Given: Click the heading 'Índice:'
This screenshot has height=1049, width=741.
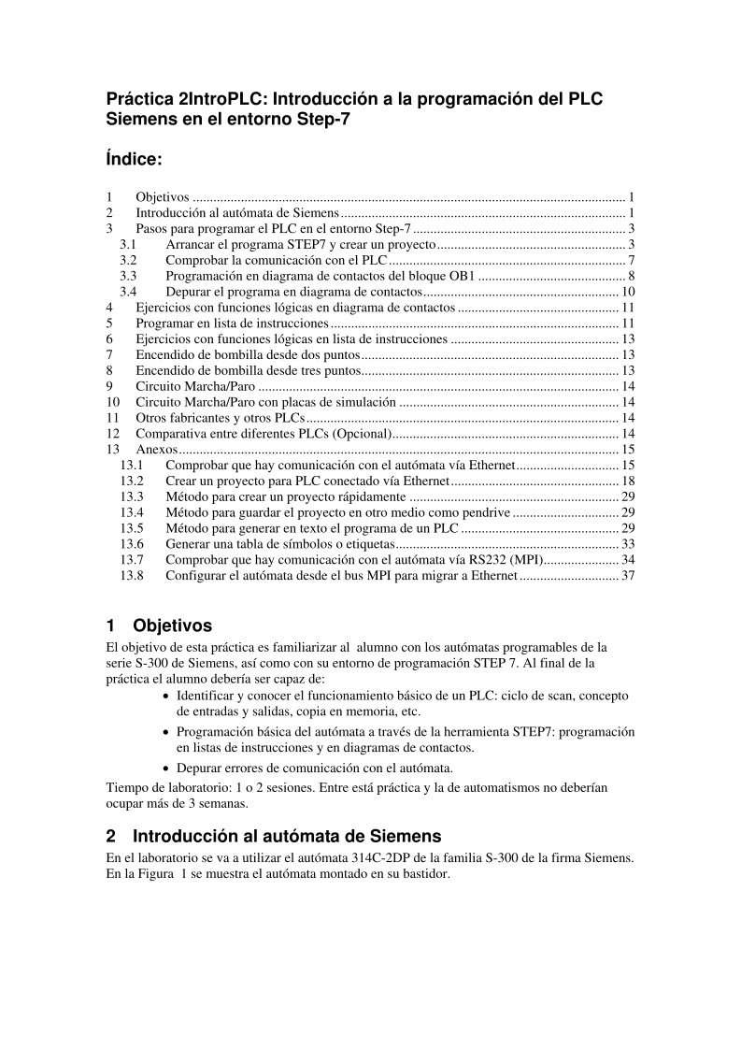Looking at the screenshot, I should pos(135,160).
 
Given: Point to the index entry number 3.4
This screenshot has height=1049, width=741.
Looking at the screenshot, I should pos(129,292).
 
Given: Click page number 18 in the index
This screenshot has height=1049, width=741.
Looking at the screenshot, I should pos(628,481).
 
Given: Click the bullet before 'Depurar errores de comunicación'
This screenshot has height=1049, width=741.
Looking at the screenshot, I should pos(166,769).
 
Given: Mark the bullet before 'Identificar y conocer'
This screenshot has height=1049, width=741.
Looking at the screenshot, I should pos(166,697).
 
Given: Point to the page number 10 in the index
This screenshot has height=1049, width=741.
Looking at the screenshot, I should pos(628,292).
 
